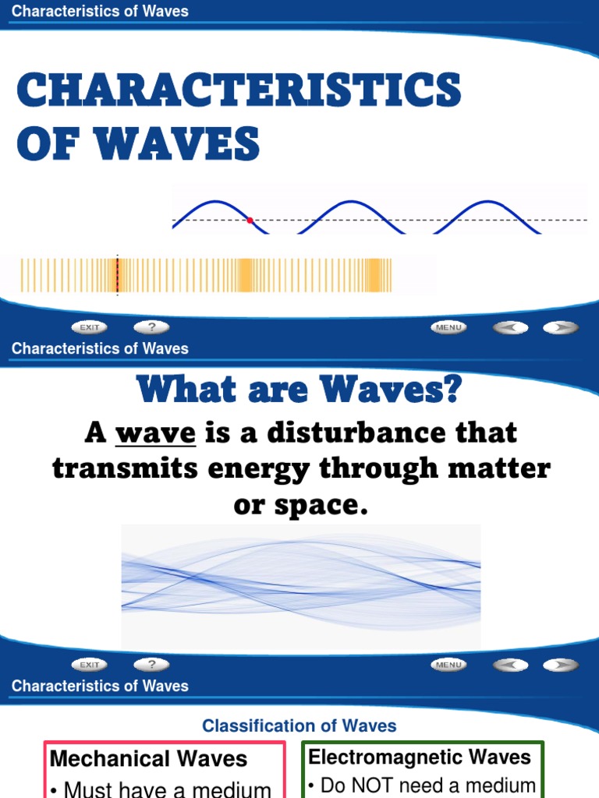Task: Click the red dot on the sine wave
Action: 250,221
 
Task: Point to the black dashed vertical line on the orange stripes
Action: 117,275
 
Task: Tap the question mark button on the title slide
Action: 151,328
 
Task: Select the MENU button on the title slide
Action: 448,328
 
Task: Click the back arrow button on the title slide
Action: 510,328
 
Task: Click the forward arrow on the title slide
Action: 560,328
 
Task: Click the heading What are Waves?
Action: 299,390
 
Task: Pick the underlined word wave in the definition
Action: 155,433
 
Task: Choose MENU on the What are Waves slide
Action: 448,665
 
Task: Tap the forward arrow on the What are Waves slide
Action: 560,665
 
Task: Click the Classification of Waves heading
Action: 299,726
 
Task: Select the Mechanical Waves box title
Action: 148,759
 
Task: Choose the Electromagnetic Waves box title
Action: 420,757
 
